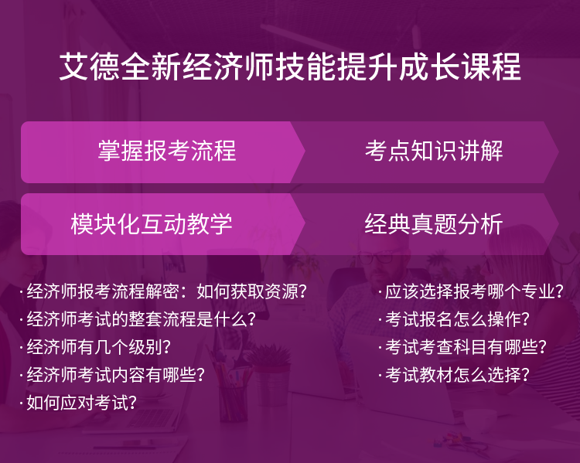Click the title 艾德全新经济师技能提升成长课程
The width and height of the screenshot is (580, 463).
coord(290,67)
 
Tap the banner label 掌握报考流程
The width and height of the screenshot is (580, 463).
coord(167,151)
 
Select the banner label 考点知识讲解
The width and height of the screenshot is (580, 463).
coord(434,151)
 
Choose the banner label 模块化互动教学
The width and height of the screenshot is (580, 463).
coord(152,223)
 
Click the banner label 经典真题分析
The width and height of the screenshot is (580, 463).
coord(433,223)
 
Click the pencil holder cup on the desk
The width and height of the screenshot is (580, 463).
coord(233,403)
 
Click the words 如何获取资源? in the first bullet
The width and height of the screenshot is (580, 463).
coord(251,291)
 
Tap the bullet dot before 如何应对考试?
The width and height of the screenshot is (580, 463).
coord(21,403)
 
